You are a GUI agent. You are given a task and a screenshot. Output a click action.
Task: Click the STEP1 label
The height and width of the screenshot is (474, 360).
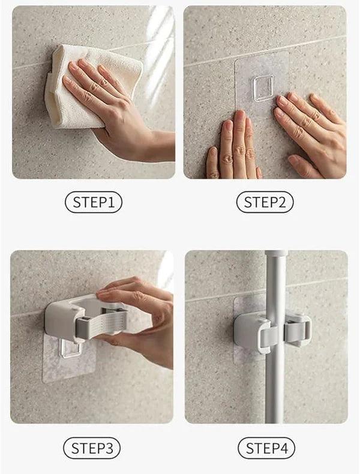click(x=94, y=202)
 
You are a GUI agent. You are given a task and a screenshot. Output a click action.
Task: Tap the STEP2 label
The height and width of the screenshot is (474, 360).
click(x=265, y=202)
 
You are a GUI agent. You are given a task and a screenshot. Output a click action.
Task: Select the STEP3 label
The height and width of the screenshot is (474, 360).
click(x=92, y=448)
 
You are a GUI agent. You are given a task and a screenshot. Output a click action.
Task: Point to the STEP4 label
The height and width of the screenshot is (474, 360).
click(x=266, y=448)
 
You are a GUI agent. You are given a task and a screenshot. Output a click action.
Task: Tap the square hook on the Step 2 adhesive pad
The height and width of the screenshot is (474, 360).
click(x=263, y=88)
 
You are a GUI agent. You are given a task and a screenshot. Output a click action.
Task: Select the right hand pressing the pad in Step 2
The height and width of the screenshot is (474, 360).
click(x=311, y=133)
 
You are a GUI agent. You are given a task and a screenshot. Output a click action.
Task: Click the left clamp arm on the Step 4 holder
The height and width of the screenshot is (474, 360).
click(x=266, y=335)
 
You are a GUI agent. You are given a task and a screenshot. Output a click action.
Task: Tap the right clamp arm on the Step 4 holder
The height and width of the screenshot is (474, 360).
click(x=298, y=331)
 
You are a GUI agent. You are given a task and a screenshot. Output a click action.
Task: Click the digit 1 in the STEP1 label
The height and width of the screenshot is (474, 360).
click(x=111, y=202)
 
